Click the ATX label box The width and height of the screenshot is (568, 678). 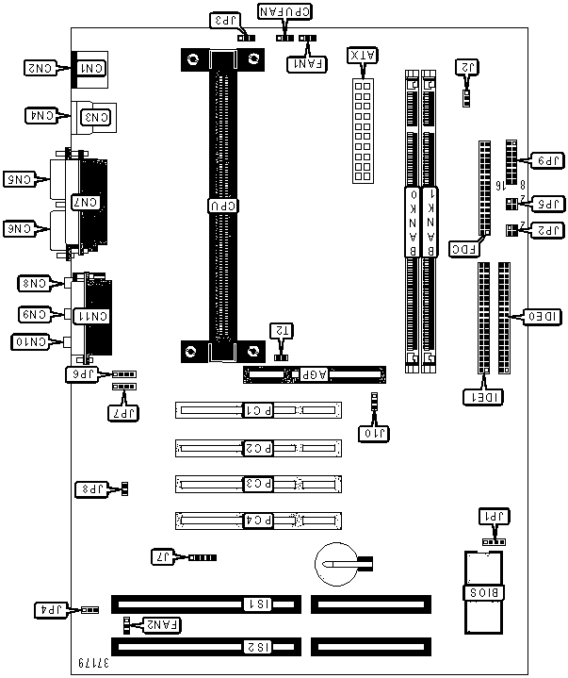[x=361, y=55]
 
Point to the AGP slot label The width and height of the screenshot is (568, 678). [x=307, y=375]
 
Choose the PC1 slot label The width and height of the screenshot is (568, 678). [x=258, y=410]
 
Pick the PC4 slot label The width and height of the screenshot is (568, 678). [x=258, y=520]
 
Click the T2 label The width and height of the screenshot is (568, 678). [x=281, y=330]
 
